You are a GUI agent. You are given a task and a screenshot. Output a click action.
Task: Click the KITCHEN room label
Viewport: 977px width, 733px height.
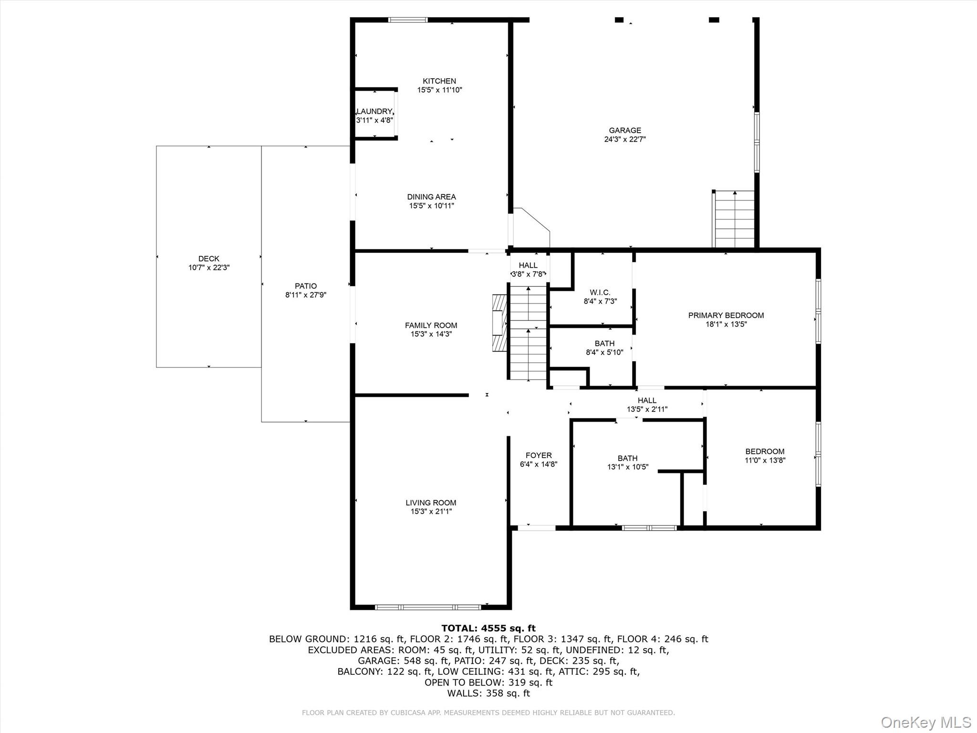point(439,81)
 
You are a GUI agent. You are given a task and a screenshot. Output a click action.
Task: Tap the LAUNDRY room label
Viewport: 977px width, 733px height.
point(374,111)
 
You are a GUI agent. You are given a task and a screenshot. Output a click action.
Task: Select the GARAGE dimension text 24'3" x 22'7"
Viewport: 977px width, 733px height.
point(624,139)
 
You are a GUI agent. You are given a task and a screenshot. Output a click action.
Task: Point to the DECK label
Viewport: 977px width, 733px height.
point(208,259)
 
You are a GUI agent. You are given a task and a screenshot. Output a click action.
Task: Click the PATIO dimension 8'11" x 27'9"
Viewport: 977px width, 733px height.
point(305,295)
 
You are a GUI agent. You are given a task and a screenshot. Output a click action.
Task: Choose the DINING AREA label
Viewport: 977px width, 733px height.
point(431,197)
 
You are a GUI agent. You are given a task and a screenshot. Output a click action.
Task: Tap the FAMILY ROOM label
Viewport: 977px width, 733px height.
point(431,325)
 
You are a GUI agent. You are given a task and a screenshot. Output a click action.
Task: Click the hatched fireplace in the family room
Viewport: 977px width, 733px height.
point(499,323)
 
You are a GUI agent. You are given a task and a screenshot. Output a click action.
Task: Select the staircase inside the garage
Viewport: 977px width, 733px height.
point(735,220)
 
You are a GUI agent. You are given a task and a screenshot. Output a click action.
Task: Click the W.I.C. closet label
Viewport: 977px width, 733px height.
point(600,293)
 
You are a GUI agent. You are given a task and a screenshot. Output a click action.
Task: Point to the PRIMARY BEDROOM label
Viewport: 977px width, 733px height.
point(726,315)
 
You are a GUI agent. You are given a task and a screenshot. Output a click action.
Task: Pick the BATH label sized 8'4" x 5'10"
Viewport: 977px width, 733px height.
point(604,344)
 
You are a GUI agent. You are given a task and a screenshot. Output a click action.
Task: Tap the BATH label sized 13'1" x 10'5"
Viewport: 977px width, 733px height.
point(627,458)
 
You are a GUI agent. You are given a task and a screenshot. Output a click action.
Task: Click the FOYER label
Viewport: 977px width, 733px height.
point(539,455)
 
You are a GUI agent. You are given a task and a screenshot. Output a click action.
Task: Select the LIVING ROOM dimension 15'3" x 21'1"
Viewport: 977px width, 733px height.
point(431,512)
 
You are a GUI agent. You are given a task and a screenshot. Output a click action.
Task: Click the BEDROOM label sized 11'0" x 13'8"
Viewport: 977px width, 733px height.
point(765,451)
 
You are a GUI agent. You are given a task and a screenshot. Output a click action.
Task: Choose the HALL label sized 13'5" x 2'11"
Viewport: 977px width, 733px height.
point(647,400)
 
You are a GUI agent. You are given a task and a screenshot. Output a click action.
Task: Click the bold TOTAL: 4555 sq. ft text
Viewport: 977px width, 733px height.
point(488,628)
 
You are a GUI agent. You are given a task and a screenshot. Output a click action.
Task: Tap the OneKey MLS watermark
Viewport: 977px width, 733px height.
point(925,722)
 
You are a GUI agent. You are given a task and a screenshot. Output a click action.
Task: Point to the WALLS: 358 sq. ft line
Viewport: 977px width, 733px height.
point(488,693)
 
